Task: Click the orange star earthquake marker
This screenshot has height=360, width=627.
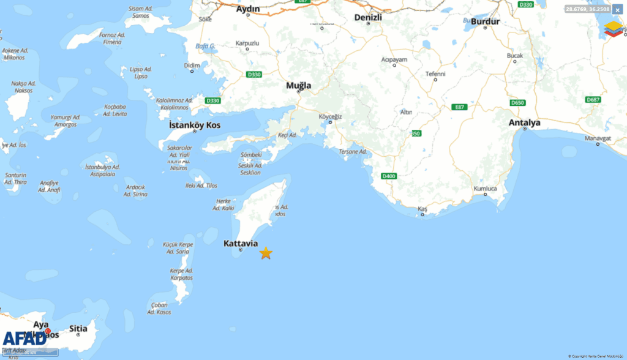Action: [266, 253]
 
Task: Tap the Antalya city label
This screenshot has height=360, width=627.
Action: [524, 123]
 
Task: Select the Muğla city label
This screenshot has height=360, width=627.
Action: [299, 86]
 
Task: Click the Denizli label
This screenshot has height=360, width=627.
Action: [368, 18]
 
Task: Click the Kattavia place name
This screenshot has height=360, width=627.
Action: [241, 244]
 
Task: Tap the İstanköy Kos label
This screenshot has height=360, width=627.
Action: [195, 126]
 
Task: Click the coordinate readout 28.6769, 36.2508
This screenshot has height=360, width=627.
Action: [587, 9]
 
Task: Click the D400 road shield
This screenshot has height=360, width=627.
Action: [389, 176]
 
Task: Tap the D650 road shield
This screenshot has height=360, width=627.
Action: [518, 103]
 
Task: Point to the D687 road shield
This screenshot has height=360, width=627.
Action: [593, 99]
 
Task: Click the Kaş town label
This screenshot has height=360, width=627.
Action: [422, 209]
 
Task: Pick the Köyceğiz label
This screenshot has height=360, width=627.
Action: [330, 116]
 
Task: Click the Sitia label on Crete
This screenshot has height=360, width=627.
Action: [78, 329]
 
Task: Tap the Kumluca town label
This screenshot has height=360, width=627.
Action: [486, 189]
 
